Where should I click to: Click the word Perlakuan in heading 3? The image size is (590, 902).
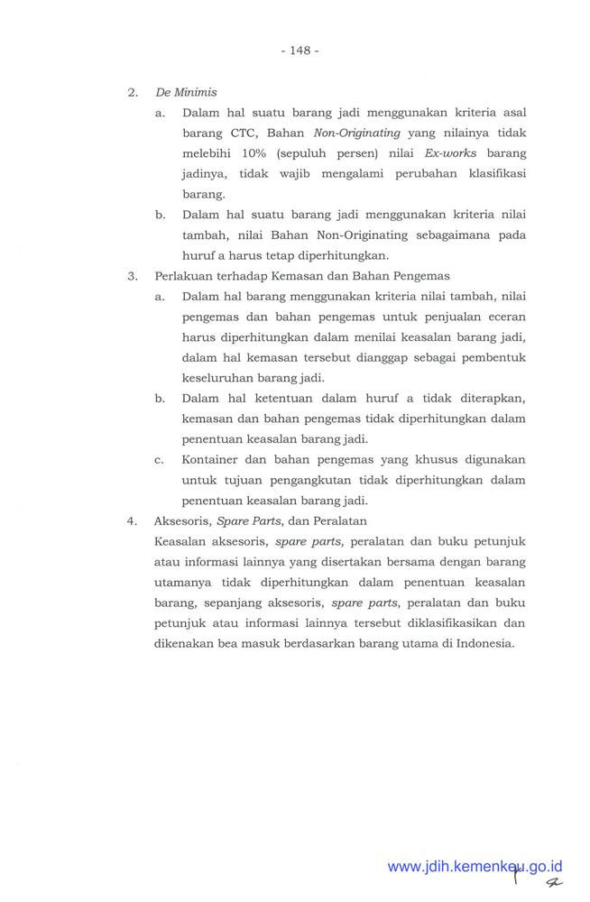click(182, 277)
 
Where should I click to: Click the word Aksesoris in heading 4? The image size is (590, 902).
click(182, 521)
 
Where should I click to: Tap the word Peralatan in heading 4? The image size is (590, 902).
click(343, 521)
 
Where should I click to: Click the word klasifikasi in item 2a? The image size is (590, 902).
click(493, 173)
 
